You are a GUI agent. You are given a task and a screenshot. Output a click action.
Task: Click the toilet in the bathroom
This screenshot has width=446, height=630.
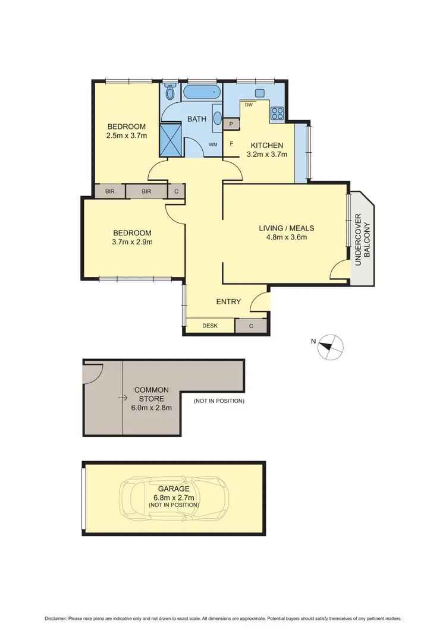[x=171, y=92]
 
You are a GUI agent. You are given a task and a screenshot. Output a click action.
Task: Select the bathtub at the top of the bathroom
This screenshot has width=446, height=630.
[x=202, y=93]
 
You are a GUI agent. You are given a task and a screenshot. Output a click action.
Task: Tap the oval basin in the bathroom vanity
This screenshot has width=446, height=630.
[x=217, y=117]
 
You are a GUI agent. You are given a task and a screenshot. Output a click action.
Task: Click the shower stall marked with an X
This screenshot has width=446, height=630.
[x=171, y=139]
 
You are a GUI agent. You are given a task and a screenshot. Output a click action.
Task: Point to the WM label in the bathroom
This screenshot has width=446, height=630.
[x=213, y=144]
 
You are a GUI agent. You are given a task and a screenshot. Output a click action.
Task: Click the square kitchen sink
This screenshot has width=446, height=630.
[x=260, y=93]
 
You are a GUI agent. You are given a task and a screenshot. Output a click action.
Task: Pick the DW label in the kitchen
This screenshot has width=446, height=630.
[x=249, y=105]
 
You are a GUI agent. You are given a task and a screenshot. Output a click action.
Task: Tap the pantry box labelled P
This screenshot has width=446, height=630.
[x=231, y=124]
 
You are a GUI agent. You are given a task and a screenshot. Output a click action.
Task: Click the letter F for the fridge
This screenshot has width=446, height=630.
[x=231, y=143]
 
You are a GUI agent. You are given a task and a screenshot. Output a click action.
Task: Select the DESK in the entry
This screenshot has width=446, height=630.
[x=210, y=326]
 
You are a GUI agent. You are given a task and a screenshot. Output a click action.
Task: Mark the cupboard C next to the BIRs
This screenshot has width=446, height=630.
[x=177, y=191]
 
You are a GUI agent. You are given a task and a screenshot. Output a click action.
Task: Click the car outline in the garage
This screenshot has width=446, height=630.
[x=171, y=498]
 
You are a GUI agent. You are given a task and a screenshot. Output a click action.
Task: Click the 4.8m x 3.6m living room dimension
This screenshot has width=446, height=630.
[x=286, y=238]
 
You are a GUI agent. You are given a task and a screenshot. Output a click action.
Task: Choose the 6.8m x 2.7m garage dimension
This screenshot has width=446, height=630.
[x=174, y=497]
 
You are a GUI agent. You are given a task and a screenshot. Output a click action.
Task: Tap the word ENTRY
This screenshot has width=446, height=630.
[x=228, y=302]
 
